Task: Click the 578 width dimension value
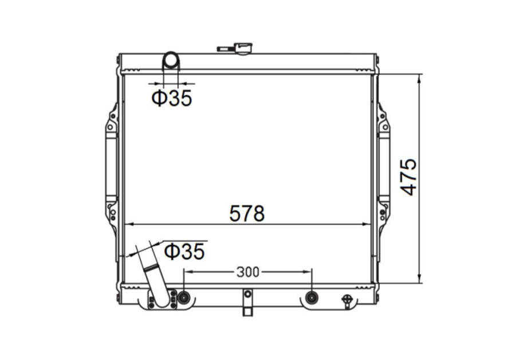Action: tap(247, 213)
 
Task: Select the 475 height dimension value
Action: tap(408, 178)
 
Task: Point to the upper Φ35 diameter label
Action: tap(171, 99)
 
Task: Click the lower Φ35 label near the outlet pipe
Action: tap(184, 251)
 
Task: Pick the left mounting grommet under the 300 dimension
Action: tap(184, 297)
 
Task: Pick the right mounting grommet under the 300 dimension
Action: tap(311, 297)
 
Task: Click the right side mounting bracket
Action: tap(383, 166)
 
